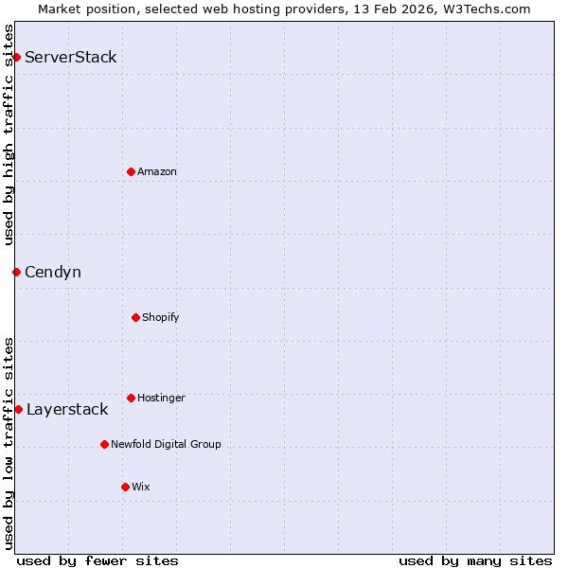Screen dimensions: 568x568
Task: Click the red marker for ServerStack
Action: [16, 58]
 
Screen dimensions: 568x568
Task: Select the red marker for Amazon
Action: [131, 171]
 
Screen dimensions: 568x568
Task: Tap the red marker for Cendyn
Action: [16, 273]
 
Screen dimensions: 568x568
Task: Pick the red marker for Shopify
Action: [135, 317]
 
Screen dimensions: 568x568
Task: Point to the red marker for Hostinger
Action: [131, 398]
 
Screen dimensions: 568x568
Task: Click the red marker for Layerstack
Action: [18, 409]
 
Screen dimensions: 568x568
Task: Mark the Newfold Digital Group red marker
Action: [104, 444]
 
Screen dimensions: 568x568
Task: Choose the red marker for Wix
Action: [125, 487]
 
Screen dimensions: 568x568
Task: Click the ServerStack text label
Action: [71, 58]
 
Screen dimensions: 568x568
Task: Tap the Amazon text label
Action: [157, 171]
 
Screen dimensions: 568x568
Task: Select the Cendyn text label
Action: [53, 273]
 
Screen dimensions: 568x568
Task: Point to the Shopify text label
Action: [161, 317]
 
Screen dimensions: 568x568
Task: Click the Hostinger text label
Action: [161, 398]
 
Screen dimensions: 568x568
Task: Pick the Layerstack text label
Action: [67, 410]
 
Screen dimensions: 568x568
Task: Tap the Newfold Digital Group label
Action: [166, 444]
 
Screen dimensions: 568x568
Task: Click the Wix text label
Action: [141, 487]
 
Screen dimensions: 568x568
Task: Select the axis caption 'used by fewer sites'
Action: [98, 560]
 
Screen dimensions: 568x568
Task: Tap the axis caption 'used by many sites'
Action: [475, 560]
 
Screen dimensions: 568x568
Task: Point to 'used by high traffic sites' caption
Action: [9, 134]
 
